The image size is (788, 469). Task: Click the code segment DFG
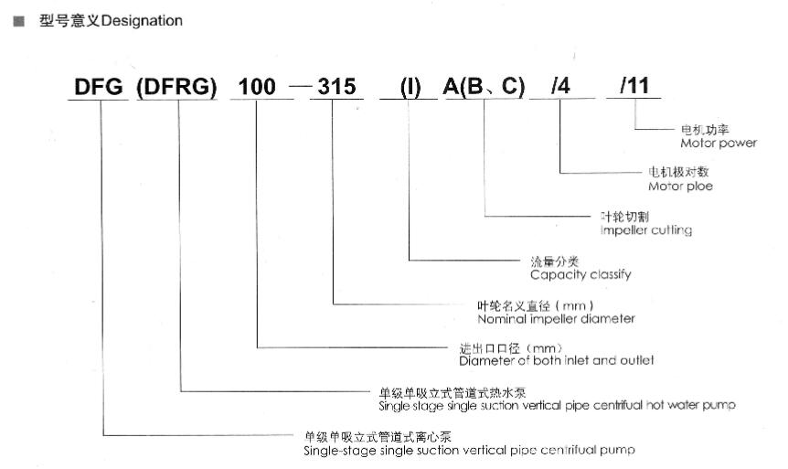coord(99,87)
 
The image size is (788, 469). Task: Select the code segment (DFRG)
coord(176,87)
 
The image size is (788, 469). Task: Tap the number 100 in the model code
coord(257,87)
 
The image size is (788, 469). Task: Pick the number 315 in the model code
coord(336,87)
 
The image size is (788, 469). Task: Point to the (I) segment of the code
coord(410,87)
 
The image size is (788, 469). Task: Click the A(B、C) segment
coord(484,87)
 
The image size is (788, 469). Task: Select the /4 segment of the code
coord(561,86)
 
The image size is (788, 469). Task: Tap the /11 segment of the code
coord(634,85)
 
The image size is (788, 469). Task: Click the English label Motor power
coord(719,144)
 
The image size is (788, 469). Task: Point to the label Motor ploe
coord(680,187)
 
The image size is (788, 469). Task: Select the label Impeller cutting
coord(646,230)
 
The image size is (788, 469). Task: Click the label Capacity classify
coord(580,274)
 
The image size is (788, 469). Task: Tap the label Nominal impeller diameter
coord(557,319)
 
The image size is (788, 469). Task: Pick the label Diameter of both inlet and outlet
coord(557,360)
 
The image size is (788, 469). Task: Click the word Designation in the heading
coord(142,21)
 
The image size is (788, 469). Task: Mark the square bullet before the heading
coord(19,21)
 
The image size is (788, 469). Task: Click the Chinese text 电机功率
coord(705,130)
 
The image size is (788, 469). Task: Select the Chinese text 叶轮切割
coord(624,217)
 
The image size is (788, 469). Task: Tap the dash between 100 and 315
coord(301,86)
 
